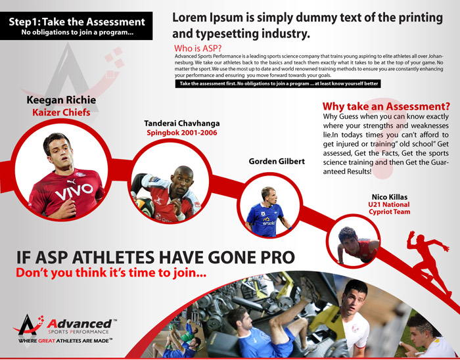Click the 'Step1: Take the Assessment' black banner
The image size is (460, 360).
pyautogui.click(x=76, y=26)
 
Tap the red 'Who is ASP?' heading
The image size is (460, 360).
pyautogui.click(x=198, y=48)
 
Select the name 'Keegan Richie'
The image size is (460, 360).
pyautogui.click(x=61, y=100)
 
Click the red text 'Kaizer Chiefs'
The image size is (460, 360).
pyautogui.click(x=61, y=112)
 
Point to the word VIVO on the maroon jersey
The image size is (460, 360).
pyautogui.click(x=74, y=191)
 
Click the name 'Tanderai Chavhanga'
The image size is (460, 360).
pyautogui.click(x=182, y=124)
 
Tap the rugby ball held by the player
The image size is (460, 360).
pyautogui.click(x=145, y=207)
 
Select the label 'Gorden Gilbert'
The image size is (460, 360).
pyautogui.click(x=277, y=161)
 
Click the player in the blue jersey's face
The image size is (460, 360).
pyautogui.click(x=269, y=195)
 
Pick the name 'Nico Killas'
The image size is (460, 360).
pyautogui.click(x=389, y=197)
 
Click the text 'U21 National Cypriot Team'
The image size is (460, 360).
pyautogui.click(x=389, y=208)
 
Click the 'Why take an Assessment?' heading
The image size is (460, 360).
pyautogui.click(x=386, y=106)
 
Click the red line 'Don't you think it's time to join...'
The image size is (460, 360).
pyautogui.click(x=111, y=273)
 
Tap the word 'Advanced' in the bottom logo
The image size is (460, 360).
pyautogui.click(x=80, y=324)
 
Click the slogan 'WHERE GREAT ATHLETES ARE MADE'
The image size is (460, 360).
pyautogui.click(x=65, y=341)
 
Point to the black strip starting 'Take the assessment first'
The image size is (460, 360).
pyautogui.click(x=278, y=83)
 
